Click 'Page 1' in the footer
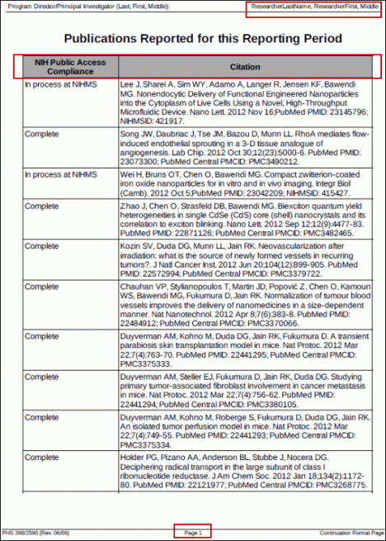tap(193, 531)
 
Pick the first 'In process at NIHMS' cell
tap(60, 84)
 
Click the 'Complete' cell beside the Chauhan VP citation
tap(41, 286)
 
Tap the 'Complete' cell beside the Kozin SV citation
tap(41, 246)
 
